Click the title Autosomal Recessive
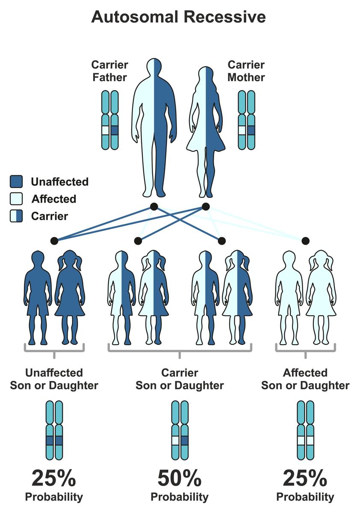click(178, 17)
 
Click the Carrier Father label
click(109, 71)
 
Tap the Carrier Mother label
click(246, 71)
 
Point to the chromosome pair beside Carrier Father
click(110, 120)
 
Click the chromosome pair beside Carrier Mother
click(246, 120)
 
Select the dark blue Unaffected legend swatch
click(16, 182)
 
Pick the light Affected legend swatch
click(16, 199)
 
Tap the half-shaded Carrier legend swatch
click(16, 216)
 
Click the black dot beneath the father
click(154, 207)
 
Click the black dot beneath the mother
click(206, 207)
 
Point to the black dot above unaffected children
click(54, 241)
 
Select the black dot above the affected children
click(305, 241)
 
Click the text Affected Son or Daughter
click(305, 379)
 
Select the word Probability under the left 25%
click(54, 497)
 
